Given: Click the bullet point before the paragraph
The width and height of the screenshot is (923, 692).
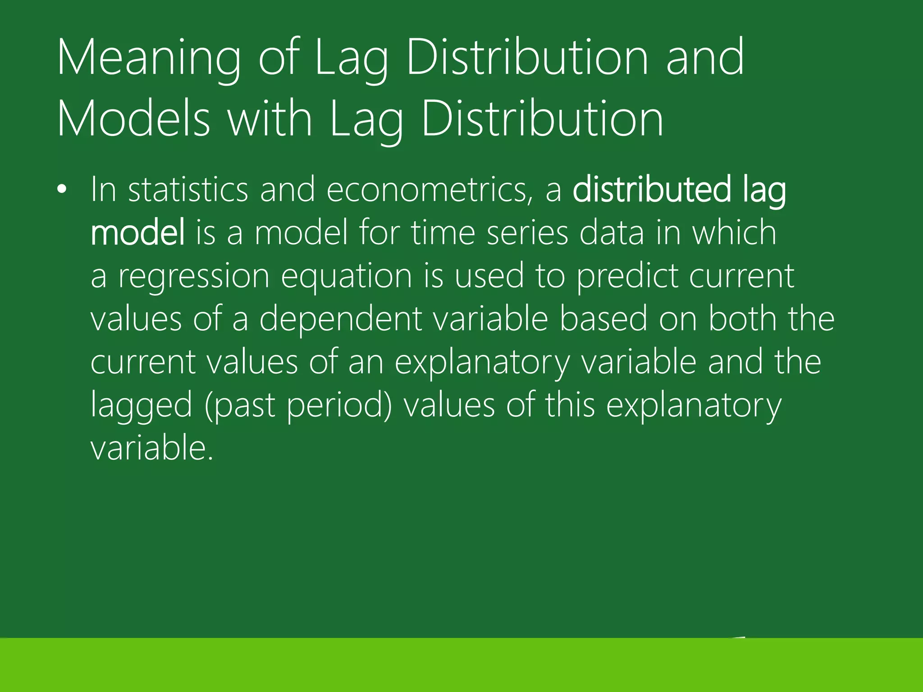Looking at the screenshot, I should pyautogui.click(x=62, y=190).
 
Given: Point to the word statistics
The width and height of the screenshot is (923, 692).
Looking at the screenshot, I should pyautogui.click(x=188, y=190).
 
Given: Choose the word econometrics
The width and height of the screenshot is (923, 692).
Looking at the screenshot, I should pyautogui.click(x=426, y=190).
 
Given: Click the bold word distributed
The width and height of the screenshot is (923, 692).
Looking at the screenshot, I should pyautogui.click(x=651, y=190).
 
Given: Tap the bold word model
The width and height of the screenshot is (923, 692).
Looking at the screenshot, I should pyautogui.click(x=137, y=232).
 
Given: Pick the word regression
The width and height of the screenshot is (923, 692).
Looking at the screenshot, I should pyautogui.click(x=194, y=276).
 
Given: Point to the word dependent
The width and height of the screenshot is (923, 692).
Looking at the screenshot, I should pyautogui.click(x=341, y=319).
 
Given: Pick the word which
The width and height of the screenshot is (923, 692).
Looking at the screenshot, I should pyautogui.click(x=734, y=232).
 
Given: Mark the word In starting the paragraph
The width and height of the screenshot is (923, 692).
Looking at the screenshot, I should pyautogui.click(x=104, y=190).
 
